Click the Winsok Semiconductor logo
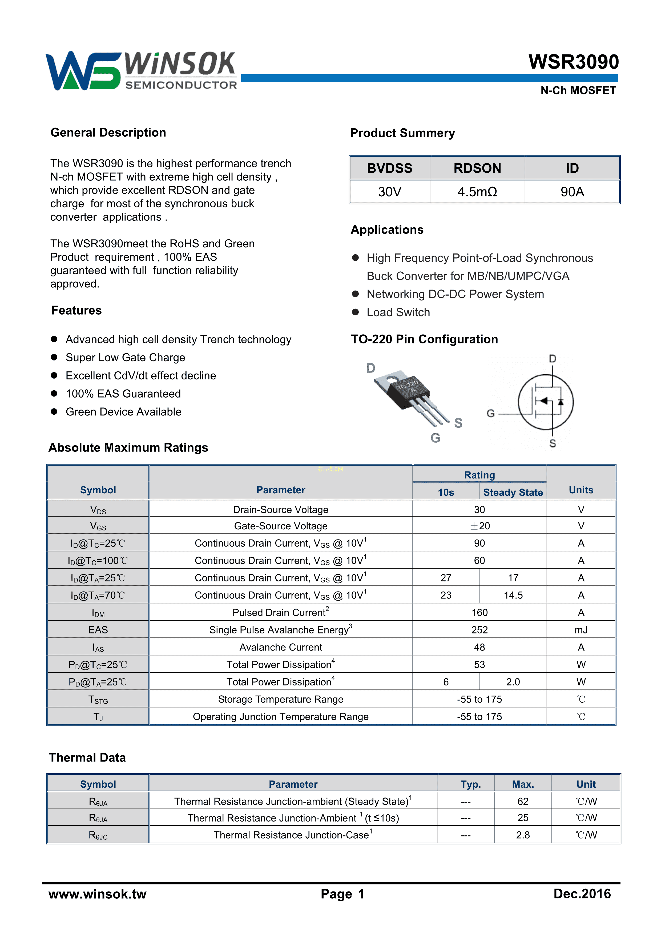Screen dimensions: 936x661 (141, 70)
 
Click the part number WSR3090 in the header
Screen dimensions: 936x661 (573, 62)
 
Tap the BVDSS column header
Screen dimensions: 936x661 (389, 168)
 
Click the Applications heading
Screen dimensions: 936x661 (387, 229)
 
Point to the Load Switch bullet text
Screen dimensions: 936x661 (398, 312)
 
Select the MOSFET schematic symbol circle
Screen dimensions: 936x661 (546, 402)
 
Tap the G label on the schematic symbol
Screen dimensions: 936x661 (491, 413)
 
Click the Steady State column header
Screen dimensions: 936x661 (513, 493)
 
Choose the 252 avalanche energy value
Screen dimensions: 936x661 (479, 630)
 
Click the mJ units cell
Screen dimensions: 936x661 (581, 630)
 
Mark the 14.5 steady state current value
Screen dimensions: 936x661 (513, 595)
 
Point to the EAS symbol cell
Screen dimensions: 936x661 (98, 630)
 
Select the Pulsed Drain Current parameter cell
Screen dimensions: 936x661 (281, 612)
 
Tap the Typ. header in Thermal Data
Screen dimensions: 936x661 (470, 784)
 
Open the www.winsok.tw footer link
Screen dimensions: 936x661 (97, 894)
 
